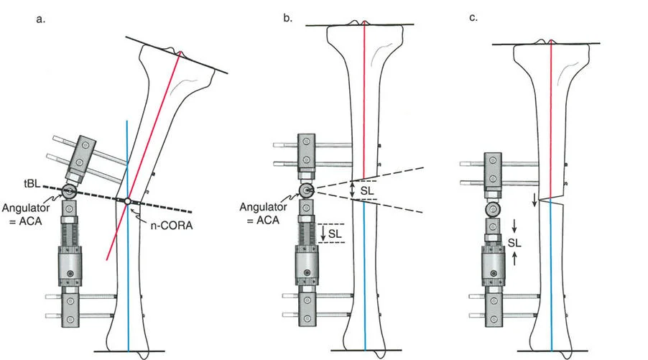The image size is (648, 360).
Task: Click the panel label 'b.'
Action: coord(287,17)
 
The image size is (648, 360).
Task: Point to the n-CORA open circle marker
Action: coord(127,202)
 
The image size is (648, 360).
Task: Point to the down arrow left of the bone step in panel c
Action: coord(534,200)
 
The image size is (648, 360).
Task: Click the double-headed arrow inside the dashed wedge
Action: coord(353,190)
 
